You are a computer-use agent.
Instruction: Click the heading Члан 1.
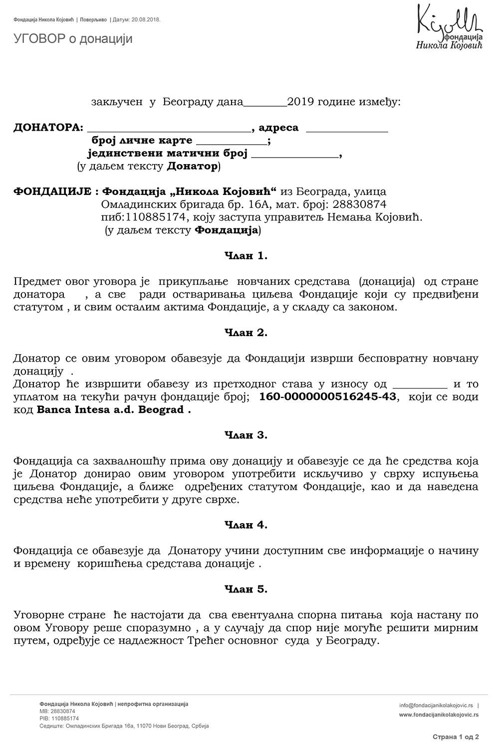click(x=246, y=256)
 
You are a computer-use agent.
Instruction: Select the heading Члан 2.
click(x=246, y=333)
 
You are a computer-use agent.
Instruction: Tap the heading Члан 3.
click(x=246, y=435)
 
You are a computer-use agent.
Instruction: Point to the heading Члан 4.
click(x=246, y=525)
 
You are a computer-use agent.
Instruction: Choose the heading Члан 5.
click(x=246, y=589)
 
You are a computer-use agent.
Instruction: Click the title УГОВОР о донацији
click(x=73, y=39)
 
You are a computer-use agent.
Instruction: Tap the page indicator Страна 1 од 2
click(x=456, y=737)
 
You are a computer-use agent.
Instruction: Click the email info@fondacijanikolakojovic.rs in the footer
click(x=436, y=706)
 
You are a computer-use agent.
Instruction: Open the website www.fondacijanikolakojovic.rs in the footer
click(x=439, y=715)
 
